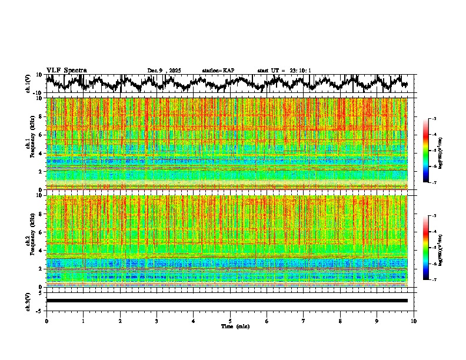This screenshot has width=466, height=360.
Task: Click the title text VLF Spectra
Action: (66, 70)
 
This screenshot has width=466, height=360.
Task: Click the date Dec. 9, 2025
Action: (164, 71)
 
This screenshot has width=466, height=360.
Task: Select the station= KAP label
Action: (218, 71)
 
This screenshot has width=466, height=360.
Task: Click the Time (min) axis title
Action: (235, 326)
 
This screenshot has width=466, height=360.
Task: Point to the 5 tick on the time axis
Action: (230, 321)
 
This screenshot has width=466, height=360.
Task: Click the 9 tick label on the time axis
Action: (377, 321)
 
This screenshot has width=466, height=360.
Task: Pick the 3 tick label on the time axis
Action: (157, 321)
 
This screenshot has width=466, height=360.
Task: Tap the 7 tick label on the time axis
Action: (304, 321)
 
